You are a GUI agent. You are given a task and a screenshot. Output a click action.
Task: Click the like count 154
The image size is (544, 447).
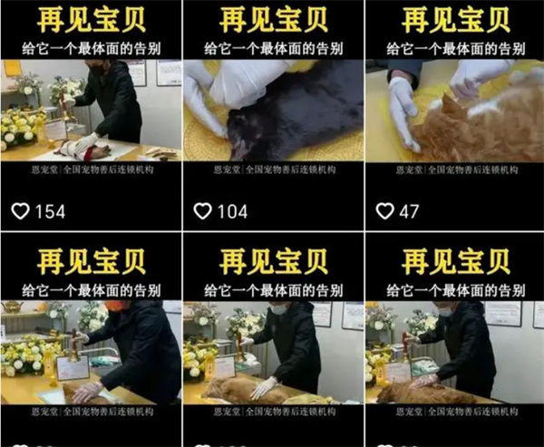(x=50, y=211)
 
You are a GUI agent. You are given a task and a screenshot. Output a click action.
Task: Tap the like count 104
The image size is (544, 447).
(x=233, y=211)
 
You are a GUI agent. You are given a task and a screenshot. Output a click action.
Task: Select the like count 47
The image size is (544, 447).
(x=410, y=211)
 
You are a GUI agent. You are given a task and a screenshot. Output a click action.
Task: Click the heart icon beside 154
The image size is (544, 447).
(x=20, y=211)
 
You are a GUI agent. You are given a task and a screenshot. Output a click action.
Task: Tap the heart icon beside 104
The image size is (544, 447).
(x=203, y=211)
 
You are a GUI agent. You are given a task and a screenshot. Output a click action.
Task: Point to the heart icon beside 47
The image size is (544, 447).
(x=385, y=211)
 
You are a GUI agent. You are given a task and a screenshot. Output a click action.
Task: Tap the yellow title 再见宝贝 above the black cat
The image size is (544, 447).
(x=273, y=20)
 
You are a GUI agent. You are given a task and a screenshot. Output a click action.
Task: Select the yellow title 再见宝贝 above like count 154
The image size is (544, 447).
(x=90, y=20)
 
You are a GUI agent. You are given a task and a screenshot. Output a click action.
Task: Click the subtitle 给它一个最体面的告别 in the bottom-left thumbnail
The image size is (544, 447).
(x=90, y=290)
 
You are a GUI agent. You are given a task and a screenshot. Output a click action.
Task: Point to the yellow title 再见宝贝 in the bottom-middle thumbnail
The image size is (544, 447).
(x=273, y=262)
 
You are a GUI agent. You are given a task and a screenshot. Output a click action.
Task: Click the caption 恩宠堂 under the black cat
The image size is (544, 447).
(x=228, y=170)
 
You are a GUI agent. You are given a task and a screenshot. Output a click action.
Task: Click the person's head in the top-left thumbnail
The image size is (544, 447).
(x=99, y=68)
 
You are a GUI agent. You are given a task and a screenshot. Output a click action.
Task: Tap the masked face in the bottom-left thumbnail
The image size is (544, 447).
(x=114, y=307)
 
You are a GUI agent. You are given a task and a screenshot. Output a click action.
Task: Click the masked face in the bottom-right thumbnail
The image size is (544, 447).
(x=445, y=310)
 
